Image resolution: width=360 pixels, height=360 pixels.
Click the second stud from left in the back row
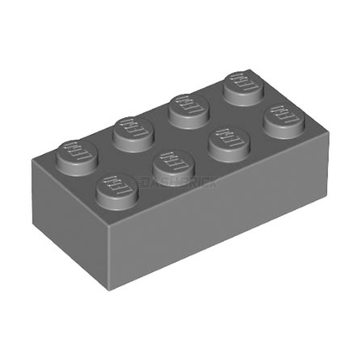[131, 128]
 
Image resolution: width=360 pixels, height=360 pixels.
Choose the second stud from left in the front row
[170, 156]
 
